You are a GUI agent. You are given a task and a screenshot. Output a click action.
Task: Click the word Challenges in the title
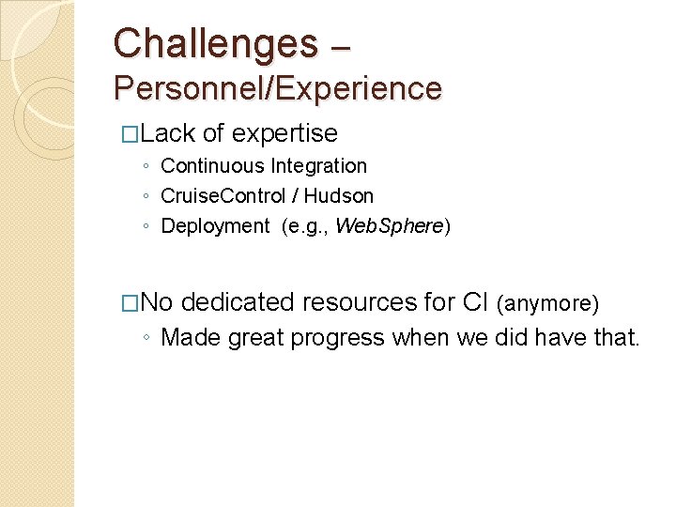pyautogui.click(x=216, y=43)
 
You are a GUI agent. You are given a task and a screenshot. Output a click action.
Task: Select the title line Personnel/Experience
pyautogui.click(x=278, y=88)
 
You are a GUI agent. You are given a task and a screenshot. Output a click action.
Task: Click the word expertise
pyautogui.click(x=284, y=133)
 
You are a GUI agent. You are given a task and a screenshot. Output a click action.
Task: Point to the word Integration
pyautogui.click(x=319, y=166)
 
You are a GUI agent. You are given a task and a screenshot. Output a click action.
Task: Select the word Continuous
pyautogui.click(x=212, y=166)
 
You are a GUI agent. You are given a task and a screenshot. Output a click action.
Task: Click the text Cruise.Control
pyautogui.click(x=221, y=196)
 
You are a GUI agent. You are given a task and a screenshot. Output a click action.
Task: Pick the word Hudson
pyautogui.click(x=340, y=196)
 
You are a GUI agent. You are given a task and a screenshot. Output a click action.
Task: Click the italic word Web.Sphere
pyautogui.click(x=389, y=226)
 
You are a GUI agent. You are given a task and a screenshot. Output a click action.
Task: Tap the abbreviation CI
pyautogui.click(x=475, y=302)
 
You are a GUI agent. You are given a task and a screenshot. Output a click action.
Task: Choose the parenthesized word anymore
pyautogui.click(x=547, y=303)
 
